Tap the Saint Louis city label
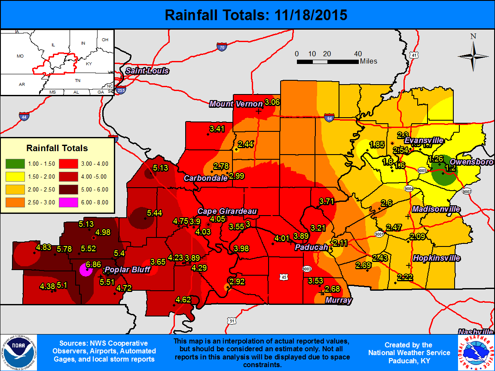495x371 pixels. (147, 71)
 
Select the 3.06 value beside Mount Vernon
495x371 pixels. (272, 102)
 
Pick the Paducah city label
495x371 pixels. (312, 247)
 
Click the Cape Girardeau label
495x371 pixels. (227, 211)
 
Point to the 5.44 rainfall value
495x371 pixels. (155, 213)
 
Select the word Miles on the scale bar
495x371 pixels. (369, 61)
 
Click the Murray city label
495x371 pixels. (338, 300)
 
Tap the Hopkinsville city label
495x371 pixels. (436, 258)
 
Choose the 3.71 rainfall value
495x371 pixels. (327, 201)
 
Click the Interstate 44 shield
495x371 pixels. (24, 116)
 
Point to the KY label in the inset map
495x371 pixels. (89, 64)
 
